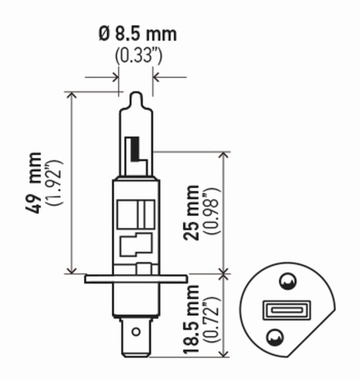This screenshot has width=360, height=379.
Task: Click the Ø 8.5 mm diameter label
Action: point(138,35)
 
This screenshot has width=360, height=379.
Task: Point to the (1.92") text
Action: point(56,182)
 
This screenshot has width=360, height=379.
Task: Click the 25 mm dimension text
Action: point(192,212)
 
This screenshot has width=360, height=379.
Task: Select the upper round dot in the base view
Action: point(286,282)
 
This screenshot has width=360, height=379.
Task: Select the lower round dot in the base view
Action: point(274,336)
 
